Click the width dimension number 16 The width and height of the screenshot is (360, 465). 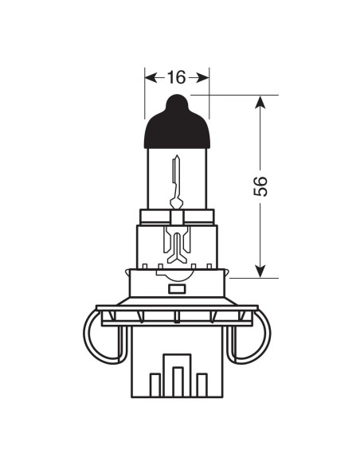pos(177,77)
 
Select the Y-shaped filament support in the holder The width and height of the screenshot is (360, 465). pos(178,242)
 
